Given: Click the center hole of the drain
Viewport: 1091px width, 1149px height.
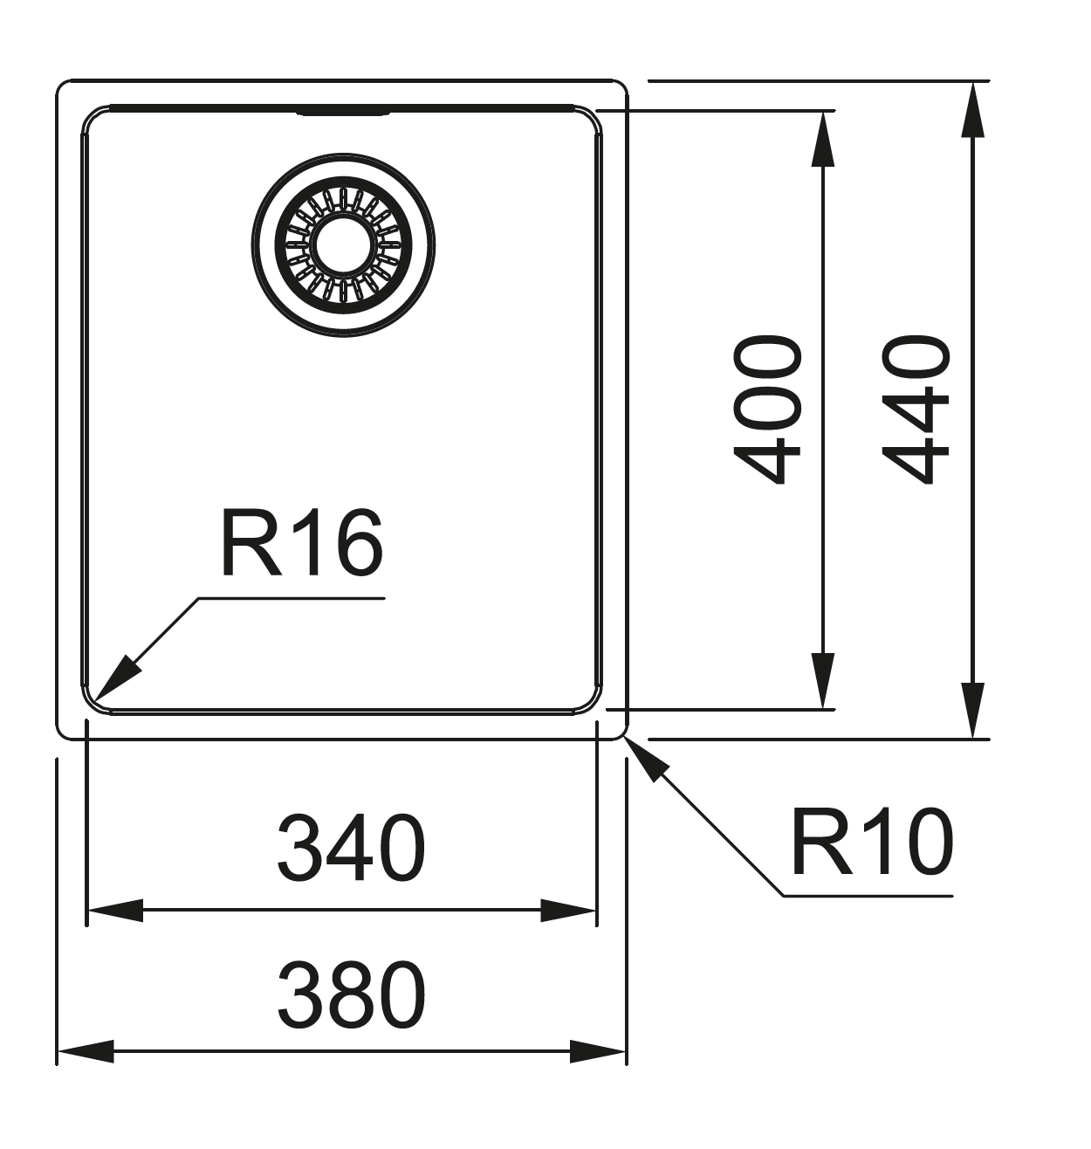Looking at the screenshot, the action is [x=343, y=245].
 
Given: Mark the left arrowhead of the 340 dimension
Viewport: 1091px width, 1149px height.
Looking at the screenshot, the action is [x=115, y=911].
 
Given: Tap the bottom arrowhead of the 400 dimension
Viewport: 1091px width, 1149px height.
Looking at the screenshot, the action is [x=823, y=680].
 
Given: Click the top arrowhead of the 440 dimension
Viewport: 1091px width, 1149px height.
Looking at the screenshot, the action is [x=972, y=110].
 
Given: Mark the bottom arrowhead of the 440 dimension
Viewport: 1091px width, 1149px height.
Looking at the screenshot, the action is [x=972, y=710].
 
